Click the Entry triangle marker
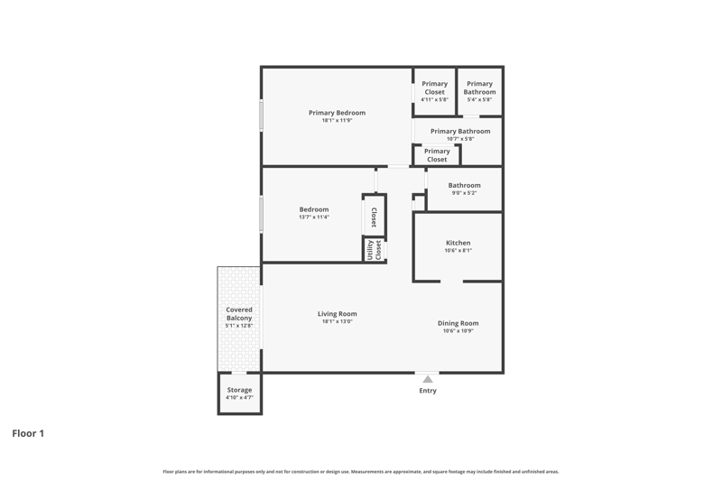[428, 379]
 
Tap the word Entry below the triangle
[428, 391]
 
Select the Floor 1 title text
[28, 433]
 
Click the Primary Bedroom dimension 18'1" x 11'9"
[337, 121]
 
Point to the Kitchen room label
[458, 243]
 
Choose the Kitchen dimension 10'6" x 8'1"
[458, 251]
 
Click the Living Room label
[337, 314]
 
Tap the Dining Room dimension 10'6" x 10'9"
[458, 331]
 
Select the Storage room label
[239, 390]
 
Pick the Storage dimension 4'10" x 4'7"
[239, 398]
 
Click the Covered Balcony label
[239, 314]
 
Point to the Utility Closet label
[375, 250]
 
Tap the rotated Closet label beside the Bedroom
[374, 217]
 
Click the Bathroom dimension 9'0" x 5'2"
[464, 193]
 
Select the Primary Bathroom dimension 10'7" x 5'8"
[460, 139]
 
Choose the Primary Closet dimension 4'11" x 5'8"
[435, 100]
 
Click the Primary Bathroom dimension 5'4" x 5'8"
[480, 100]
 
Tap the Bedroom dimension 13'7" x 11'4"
[314, 217]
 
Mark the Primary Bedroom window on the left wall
[261, 116]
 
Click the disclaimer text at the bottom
[361, 472]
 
